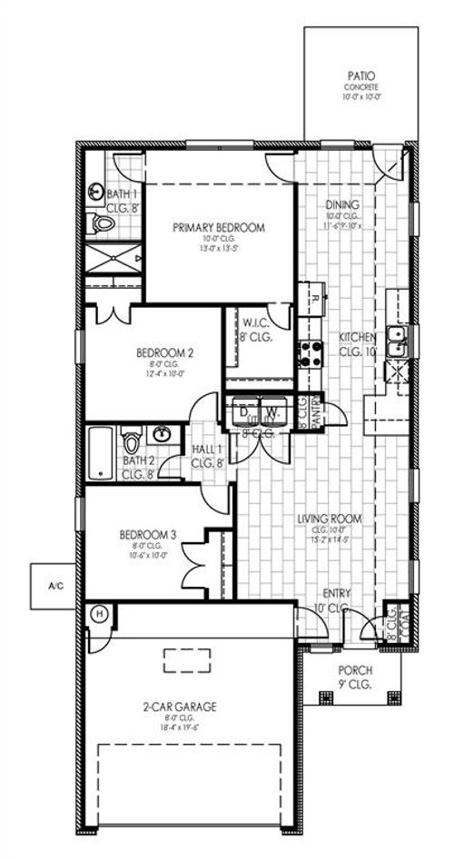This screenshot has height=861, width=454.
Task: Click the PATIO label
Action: (x=361, y=77)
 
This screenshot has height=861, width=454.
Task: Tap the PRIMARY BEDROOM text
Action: (x=220, y=228)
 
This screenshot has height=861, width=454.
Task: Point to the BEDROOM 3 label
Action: (x=147, y=535)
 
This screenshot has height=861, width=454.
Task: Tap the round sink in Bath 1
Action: (x=98, y=193)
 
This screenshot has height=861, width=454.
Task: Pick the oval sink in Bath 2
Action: (x=163, y=432)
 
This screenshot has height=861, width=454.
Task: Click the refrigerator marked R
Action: (x=311, y=299)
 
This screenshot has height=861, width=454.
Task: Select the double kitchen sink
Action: (x=397, y=340)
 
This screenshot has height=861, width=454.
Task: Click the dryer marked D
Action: (x=243, y=411)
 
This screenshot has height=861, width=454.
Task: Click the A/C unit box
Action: (x=56, y=587)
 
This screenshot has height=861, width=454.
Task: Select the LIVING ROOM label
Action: (x=330, y=519)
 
